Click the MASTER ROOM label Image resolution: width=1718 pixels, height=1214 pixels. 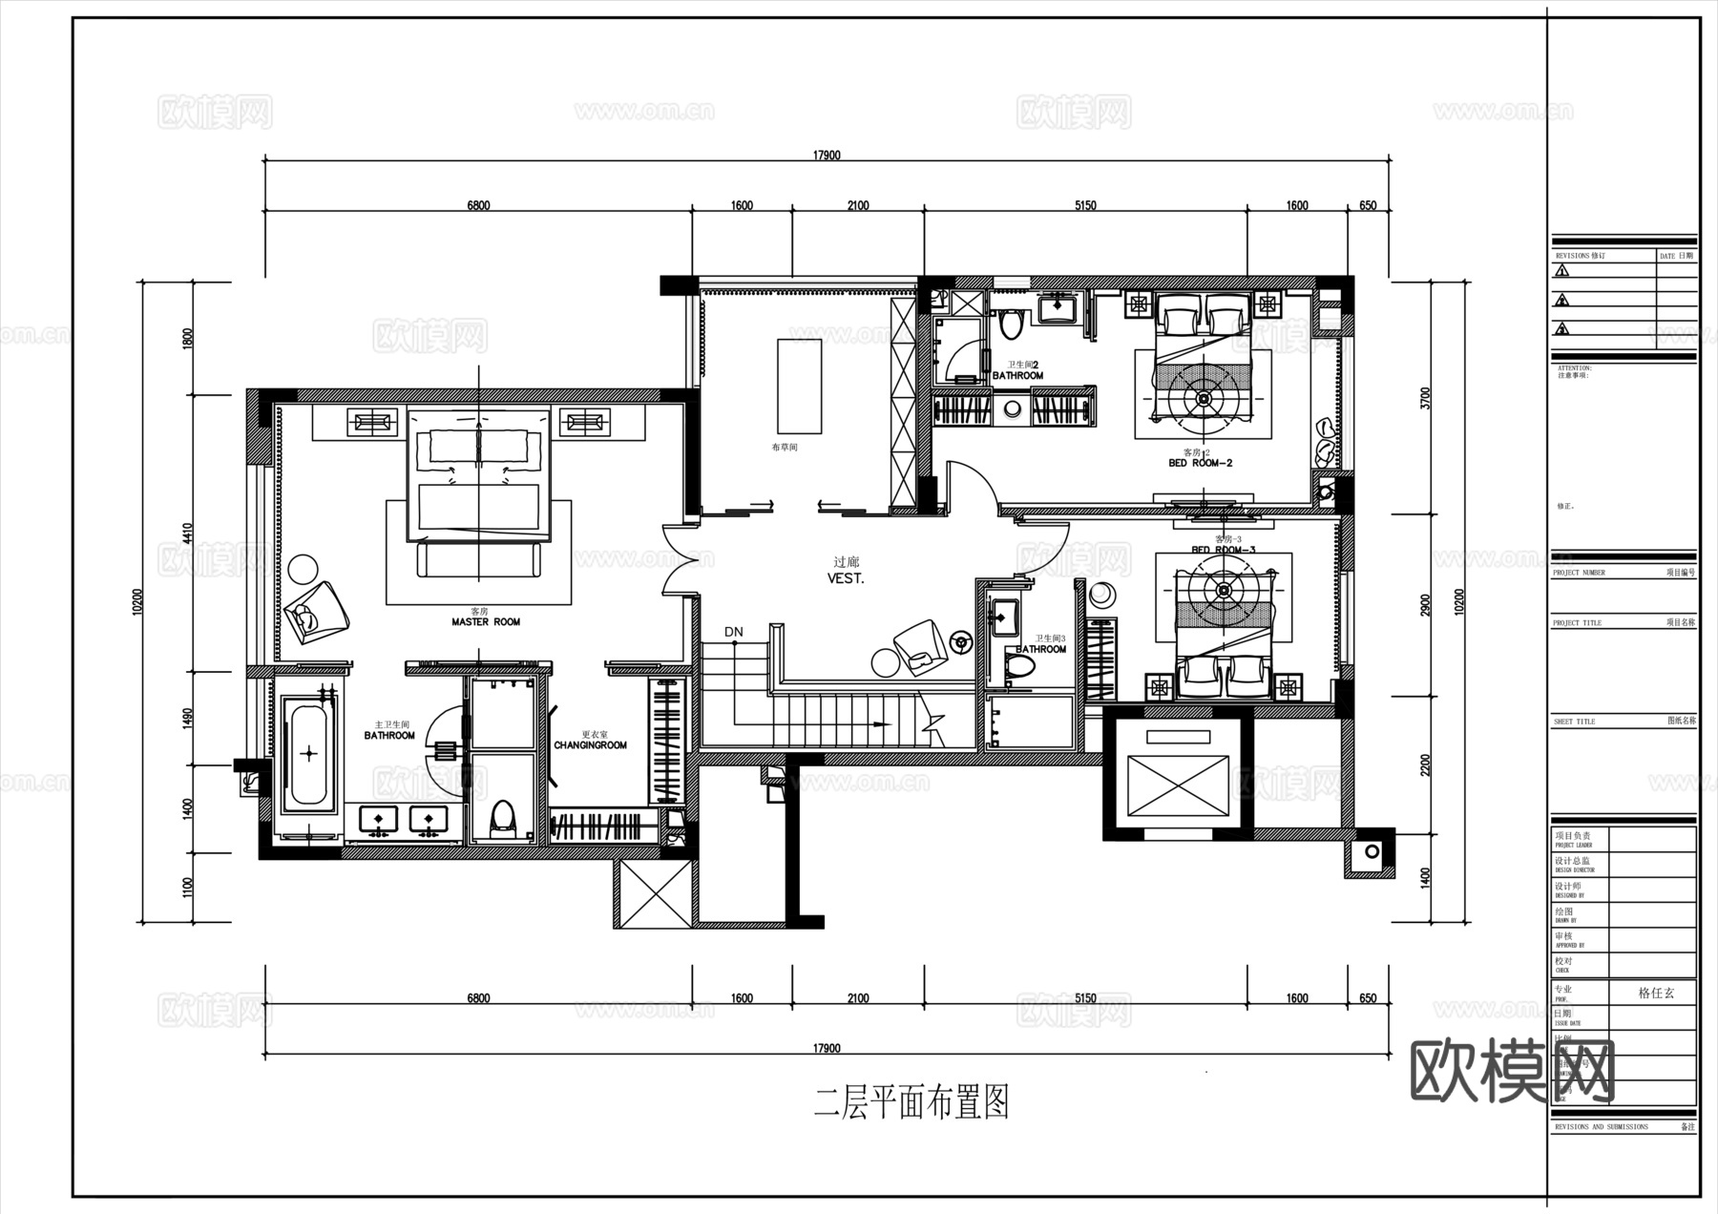486,622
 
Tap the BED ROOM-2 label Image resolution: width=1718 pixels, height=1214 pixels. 1200,463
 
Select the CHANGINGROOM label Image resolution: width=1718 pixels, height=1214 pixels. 590,744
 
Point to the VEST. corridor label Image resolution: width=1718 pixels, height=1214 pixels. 846,578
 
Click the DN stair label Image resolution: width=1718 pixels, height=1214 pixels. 733,632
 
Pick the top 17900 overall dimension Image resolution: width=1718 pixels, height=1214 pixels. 827,156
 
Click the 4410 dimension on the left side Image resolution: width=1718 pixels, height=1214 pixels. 188,533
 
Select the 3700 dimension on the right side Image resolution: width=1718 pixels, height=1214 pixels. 1426,397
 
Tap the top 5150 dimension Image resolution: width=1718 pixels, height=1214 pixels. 1085,205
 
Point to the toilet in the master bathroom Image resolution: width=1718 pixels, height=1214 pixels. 501,819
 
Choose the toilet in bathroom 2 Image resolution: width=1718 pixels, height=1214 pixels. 1011,324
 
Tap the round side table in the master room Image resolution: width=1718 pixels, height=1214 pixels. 304,569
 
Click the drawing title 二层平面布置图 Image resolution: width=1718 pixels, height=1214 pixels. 911,1104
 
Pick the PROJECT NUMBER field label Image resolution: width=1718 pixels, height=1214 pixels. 1579,573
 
